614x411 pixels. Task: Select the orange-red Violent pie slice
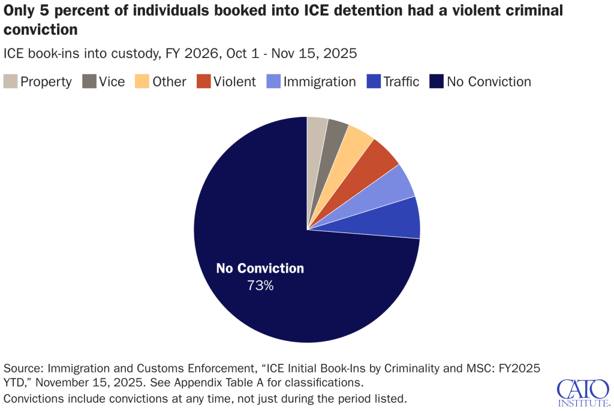coord(377,159)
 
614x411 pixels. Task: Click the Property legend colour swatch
coord(10,81)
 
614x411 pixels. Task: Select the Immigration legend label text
coord(320,81)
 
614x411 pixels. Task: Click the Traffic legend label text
coord(401,81)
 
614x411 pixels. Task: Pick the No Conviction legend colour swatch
coord(437,81)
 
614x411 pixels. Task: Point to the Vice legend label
coord(112,81)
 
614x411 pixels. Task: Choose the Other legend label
coord(169,81)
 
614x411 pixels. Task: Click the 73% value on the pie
coord(260,286)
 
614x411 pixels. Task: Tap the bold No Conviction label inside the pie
coord(260,268)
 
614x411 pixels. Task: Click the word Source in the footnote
coord(23,367)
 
